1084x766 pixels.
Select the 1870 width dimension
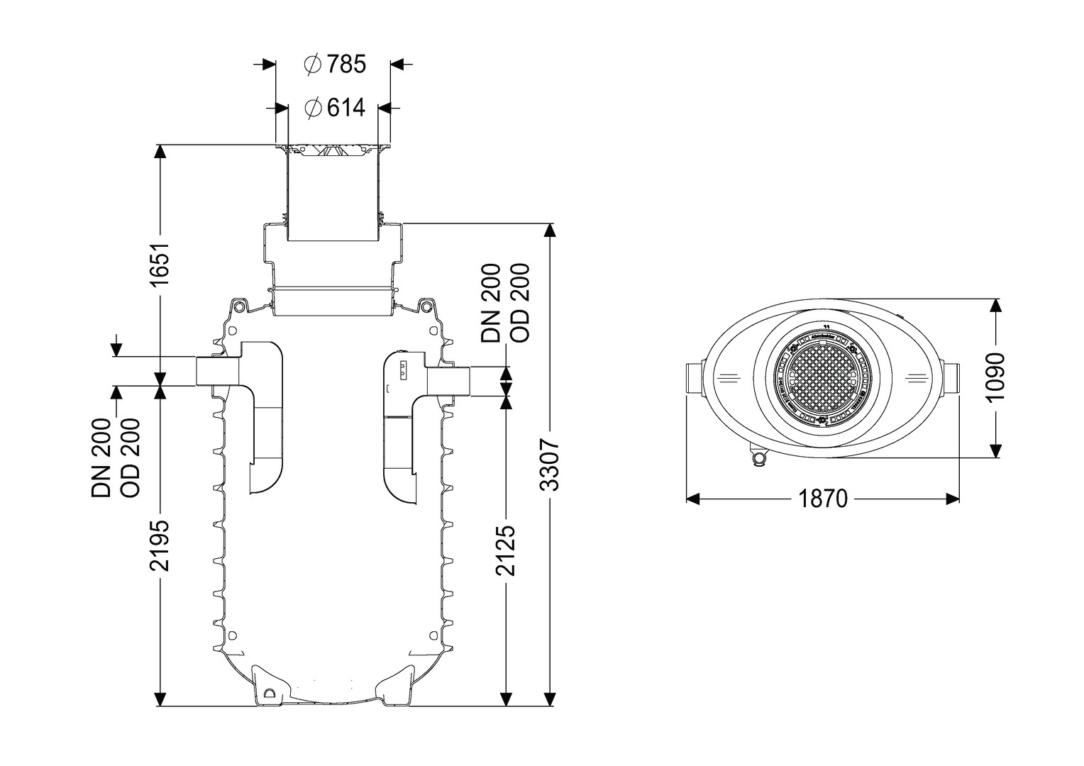tap(823, 499)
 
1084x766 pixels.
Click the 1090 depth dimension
tap(996, 377)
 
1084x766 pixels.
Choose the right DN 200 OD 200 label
tap(506, 303)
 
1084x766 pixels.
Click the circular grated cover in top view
tap(823, 379)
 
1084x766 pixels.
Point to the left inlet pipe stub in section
tap(217, 372)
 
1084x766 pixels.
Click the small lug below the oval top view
tap(760, 458)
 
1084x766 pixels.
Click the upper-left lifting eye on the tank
tap(240, 306)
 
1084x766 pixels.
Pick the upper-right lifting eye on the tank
tap(426, 306)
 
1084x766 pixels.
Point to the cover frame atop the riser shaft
tap(333, 150)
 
